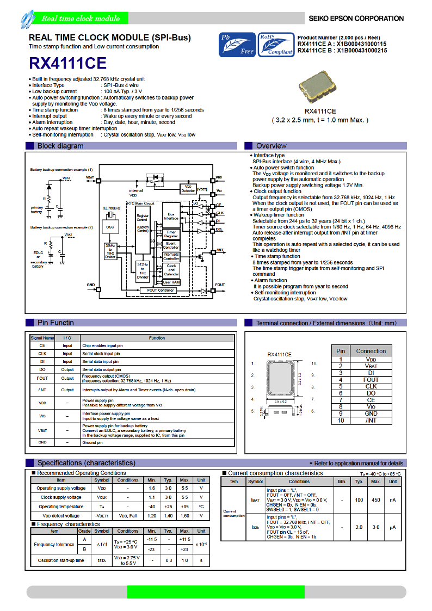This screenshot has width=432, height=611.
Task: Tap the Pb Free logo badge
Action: click(x=237, y=45)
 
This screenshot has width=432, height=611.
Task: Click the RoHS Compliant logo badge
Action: click(x=276, y=44)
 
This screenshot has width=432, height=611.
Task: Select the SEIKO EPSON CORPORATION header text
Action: click(x=356, y=18)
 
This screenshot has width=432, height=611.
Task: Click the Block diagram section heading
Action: click(x=60, y=146)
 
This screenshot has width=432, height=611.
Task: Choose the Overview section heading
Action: click(x=271, y=146)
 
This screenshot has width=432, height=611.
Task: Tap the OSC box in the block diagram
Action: click(x=110, y=226)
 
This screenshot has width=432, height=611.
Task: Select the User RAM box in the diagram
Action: click(x=171, y=282)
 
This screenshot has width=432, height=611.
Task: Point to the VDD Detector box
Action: click(x=188, y=188)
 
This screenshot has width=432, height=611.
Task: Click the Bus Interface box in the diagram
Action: click(x=171, y=217)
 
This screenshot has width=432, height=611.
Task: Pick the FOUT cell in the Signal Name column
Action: click(x=42, y=378)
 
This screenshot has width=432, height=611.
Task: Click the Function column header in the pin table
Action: click(x=157, y=338)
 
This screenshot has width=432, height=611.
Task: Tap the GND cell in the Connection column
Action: click(x=371, y=413)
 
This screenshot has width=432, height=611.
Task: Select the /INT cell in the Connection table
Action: click(x=371, y=421)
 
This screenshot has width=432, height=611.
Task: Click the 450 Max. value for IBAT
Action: click(x=375, y=499)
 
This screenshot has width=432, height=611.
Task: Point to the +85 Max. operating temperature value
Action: click(x=184, y=507)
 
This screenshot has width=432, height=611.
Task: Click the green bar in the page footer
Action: click(x=216, y=592)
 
